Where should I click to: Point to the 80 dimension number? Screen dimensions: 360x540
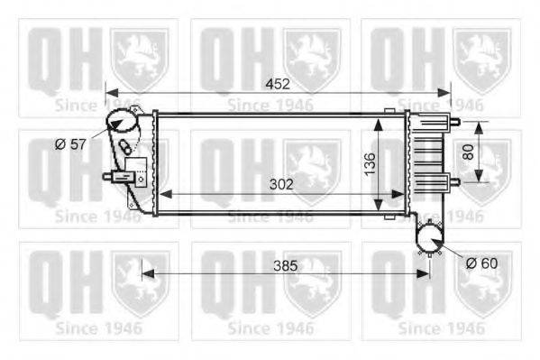468,152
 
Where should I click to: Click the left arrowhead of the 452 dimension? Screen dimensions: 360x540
110,91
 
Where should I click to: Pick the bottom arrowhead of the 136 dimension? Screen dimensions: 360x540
387,213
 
